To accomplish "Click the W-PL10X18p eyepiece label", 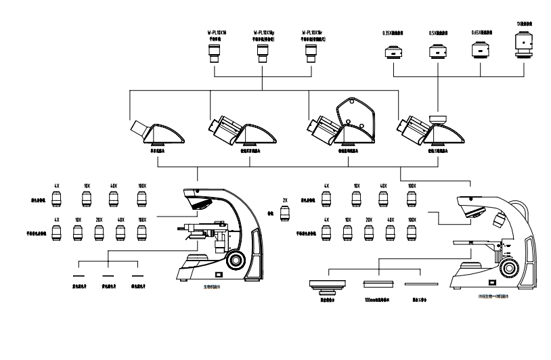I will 263,32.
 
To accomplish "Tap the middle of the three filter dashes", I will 107,277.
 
